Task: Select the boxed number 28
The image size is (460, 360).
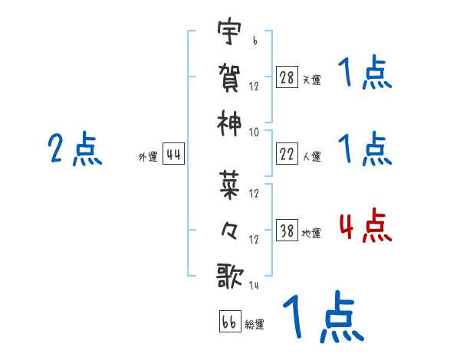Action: click(x=287, y=77)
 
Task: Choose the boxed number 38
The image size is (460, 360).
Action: click(x=287, y=231)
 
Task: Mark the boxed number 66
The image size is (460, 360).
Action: click(x=230, y=322)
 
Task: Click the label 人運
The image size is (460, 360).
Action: click(x=311, y=156)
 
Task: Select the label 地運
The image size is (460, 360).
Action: click(x=311, y=233)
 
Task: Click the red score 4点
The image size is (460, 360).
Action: click(x=365, y=227)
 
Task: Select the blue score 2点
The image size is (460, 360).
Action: click(x=74, y=149)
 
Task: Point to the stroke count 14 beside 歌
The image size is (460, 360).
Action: click(x=254, y=286)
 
